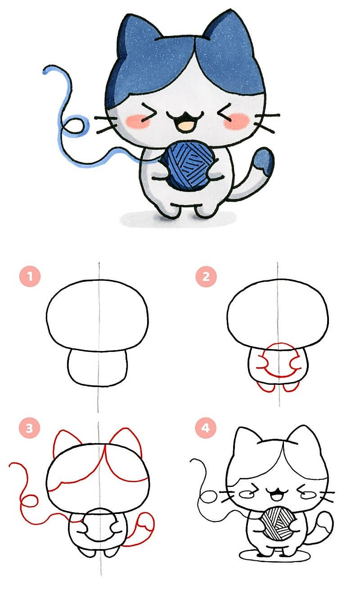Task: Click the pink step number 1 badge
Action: (x=30, y=276)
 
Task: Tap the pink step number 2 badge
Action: (x=206, y=276)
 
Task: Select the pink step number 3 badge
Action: (x=29, y=428)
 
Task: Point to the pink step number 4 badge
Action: (x=205, y=428)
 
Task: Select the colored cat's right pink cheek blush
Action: (x=236, y=120)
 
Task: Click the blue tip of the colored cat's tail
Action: (x=264, y=160)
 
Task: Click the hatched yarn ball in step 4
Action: (x=278, y=523)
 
